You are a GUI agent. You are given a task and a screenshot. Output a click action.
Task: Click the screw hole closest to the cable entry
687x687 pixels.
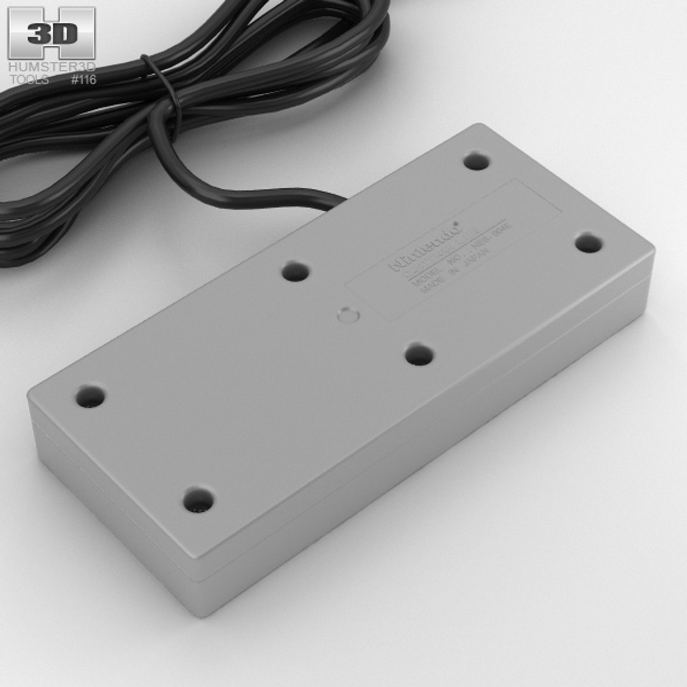point(295,272)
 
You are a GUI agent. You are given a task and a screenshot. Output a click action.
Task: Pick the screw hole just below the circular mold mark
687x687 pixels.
point(419,354)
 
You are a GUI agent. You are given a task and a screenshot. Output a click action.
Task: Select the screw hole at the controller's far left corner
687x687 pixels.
point(90,397)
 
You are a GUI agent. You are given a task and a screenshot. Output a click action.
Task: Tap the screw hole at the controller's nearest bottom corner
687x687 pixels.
point(198,500)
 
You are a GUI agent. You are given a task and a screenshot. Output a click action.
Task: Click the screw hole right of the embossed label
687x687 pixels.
point(588,243)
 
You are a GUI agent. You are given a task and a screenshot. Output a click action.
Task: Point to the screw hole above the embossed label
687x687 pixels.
point(476,161)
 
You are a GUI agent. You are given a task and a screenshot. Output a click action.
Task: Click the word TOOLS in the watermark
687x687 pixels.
point(29,80)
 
